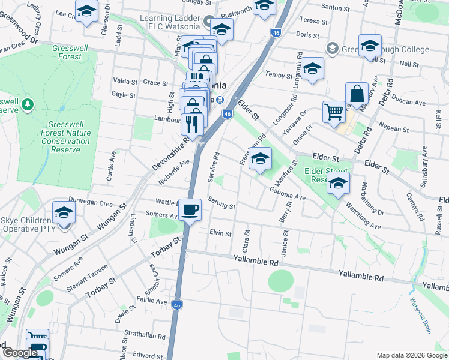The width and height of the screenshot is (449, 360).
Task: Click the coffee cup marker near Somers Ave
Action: (190, 210)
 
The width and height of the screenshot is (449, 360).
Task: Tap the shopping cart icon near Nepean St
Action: (334, 112)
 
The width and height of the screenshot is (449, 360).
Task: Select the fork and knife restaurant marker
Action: (192, 124)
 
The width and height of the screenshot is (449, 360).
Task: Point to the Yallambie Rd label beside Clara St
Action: (256, 262)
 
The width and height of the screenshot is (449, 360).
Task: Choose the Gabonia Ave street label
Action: (288, 193)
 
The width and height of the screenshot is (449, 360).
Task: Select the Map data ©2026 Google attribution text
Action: (412, 355)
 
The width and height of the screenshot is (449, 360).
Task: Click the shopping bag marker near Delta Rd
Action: (357, 94)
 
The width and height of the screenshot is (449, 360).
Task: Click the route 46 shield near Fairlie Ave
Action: (176, 305)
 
